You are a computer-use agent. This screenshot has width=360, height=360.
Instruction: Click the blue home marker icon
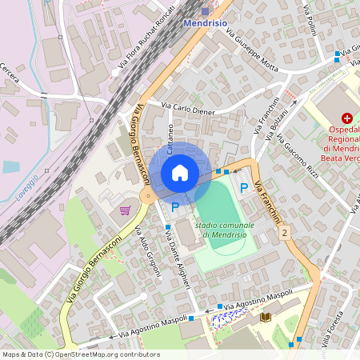point(179,173)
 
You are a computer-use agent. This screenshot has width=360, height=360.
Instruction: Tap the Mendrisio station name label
point(206,24)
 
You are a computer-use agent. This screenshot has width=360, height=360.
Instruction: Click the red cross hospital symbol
point(346,118)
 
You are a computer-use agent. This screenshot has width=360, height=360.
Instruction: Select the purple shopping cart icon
point(125,210)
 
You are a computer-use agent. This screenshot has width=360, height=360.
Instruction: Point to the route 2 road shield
point(284,232)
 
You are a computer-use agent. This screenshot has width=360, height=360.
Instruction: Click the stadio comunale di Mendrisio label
point(225,230)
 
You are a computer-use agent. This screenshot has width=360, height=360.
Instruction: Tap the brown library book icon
point(266,318)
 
